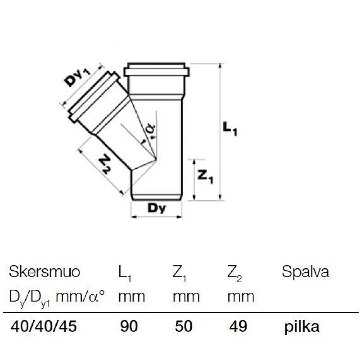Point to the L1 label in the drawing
[229, 130]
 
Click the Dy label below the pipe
[156, 209]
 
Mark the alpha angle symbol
[151, 129]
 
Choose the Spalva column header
[305, 272]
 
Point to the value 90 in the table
[129, 327]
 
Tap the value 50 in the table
[184, 327]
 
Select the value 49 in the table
[238, 327]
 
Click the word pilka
[302, 327]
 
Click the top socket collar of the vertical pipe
[156, 71]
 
